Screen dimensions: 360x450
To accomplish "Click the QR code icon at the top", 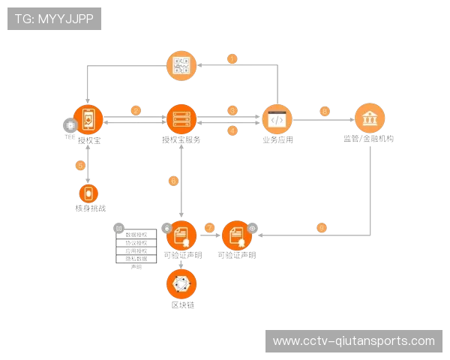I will pos(181,65).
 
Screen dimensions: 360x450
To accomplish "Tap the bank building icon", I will pos(369,118).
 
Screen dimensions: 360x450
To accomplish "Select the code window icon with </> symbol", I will pos(277,118).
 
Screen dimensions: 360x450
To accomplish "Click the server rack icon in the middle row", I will pos(181,118).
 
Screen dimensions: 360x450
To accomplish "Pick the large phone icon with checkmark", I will pos(88,118).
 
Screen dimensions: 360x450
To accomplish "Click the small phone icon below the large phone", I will pos(88,193).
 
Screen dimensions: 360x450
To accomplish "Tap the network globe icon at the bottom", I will pos(181,283).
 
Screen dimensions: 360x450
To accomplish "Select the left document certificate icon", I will pos(181,235).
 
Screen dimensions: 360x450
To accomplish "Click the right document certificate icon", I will pos(237,235).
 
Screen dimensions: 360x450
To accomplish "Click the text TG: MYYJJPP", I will pos(54,19).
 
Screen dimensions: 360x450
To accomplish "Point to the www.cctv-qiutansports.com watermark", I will pos(353,341).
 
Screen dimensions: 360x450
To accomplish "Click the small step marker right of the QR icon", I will pos(232,58).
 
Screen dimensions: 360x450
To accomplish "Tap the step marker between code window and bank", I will pos(324,111).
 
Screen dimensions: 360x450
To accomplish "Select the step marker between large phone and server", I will pos(136,110).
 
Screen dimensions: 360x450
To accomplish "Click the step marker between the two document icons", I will pos(209,227).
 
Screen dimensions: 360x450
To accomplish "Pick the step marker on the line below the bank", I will pos(322,227).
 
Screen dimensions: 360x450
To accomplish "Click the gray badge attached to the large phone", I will pos(70,125).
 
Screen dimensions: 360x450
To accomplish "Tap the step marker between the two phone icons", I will pos(80,164).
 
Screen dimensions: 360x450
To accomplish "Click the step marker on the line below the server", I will pos(174,181).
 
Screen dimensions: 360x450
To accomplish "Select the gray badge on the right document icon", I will pos(253,227).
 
